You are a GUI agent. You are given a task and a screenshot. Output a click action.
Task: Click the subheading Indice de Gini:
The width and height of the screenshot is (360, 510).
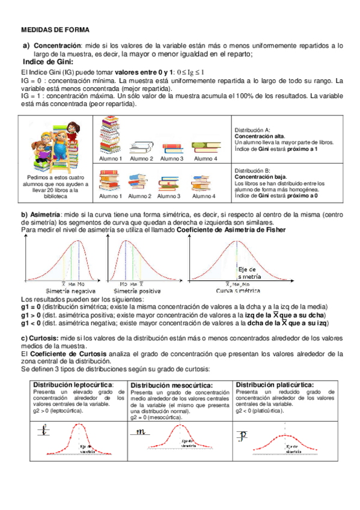click(47, 61)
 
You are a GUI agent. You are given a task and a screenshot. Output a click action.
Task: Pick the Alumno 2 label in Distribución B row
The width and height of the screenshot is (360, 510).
click(140, 196)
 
